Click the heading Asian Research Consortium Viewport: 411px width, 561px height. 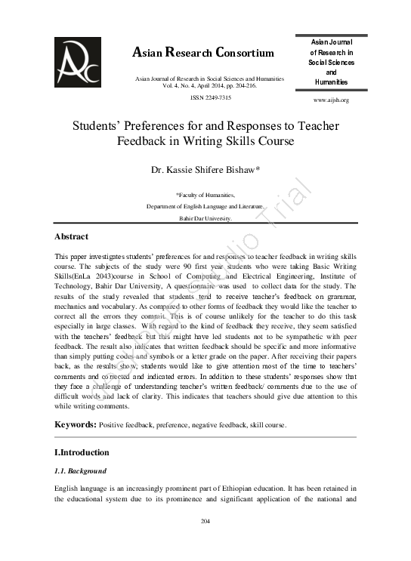(203, 53)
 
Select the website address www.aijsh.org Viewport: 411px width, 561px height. (331, 100)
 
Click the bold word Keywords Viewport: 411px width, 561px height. (74, 425)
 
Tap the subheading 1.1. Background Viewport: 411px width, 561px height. (79, 470)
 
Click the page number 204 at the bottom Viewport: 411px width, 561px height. (205, 522)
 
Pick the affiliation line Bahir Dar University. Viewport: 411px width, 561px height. (205, 217)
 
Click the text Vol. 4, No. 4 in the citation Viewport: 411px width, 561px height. (178, 85)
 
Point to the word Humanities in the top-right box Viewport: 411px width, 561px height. (331, 82)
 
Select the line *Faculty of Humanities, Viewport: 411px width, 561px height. (206, 194)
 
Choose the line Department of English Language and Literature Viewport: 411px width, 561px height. (205, 205)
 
